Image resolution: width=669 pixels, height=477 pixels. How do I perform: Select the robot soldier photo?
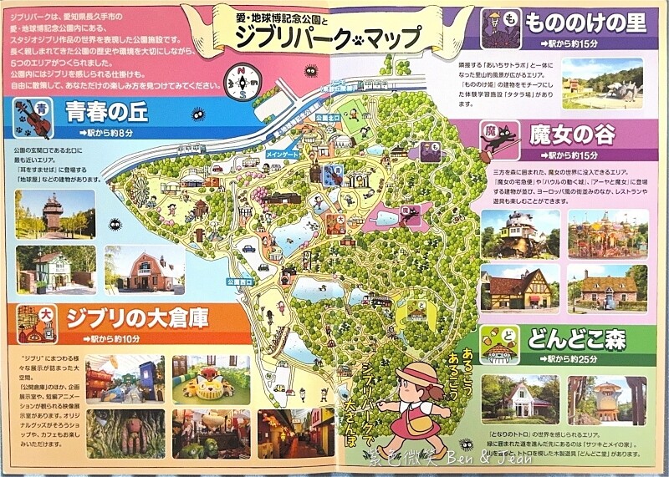click(x=125, y=432)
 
